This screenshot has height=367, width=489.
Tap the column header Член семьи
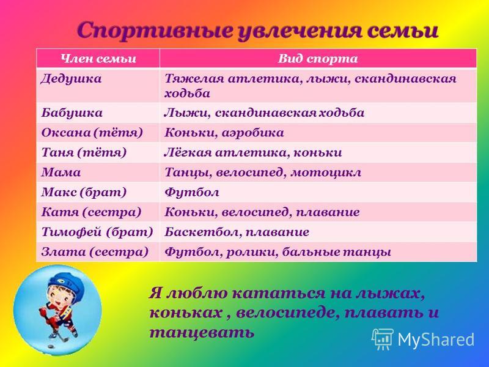[98, 58]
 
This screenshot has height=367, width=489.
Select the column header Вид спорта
[318, 58]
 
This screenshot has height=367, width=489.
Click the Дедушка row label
[71, 79]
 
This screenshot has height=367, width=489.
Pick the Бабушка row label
[72, 113]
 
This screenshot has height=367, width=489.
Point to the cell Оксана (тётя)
[92, 133]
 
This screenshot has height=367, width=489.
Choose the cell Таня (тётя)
[84, 152]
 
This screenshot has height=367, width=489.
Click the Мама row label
[61, 172]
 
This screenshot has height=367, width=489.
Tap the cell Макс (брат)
[84, 192]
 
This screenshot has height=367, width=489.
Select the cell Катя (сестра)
[91, 212]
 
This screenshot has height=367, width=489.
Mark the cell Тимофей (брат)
[97, 232]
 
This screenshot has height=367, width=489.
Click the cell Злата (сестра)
[95, 252]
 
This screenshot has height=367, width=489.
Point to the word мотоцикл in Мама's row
[326, 172]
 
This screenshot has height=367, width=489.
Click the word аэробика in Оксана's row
[253, 133]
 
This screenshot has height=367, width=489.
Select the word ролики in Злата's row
[251, 252]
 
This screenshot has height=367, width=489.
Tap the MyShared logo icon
[383, 339]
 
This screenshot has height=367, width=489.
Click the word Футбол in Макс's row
[191, 193]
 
